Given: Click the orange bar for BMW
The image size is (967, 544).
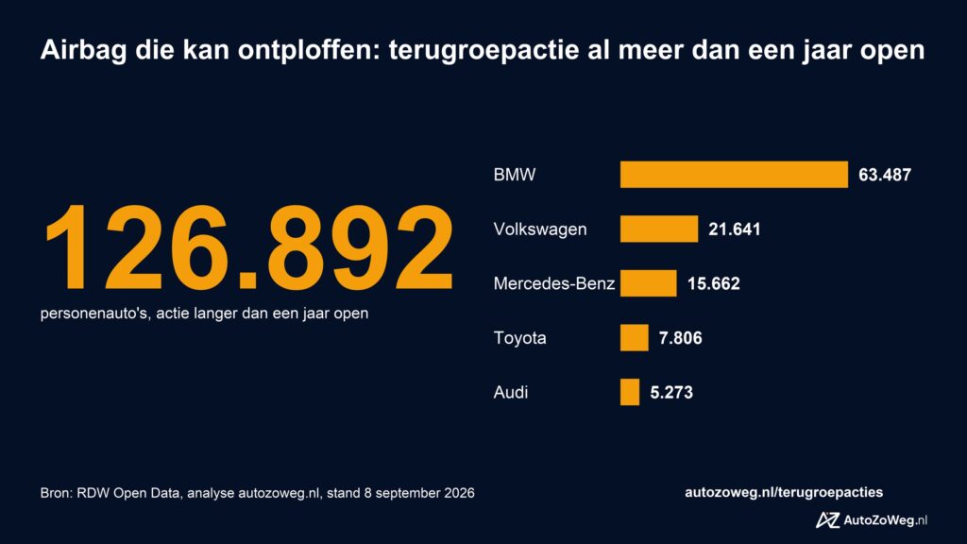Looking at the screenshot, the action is pos(734,175).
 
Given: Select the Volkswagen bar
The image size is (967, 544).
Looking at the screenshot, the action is pos(659,229).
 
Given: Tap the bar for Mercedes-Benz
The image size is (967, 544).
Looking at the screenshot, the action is pos(648,283).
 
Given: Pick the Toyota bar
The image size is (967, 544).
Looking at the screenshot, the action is pos(634,337).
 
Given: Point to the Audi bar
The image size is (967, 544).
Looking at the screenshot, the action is pos(630,392).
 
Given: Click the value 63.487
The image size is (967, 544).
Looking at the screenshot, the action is pos(884,175).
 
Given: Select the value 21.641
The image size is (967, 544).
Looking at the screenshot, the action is pos(734,229).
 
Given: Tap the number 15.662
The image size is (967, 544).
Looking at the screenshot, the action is pos(714,283).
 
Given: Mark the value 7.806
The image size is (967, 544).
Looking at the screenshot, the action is pos(680,338).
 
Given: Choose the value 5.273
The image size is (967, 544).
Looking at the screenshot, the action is pos(671,392).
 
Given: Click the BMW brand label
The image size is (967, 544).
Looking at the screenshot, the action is pos(515,175).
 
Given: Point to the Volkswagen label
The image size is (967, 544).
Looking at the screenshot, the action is pos(540,229).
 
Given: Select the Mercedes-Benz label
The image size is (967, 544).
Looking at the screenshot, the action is pos(553,283).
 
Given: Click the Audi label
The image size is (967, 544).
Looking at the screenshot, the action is pos(511,392).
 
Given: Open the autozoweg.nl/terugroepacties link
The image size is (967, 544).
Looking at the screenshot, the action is pos(783,492).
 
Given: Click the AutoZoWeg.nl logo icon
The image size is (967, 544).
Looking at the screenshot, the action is pos(827,520).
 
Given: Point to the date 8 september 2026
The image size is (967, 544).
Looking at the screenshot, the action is pos(419,493).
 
